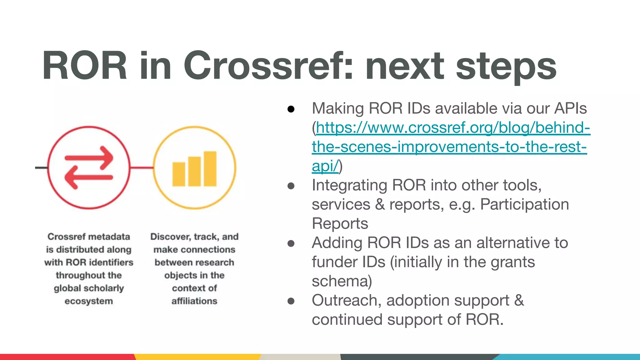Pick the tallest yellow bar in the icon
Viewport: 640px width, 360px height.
(210, 169)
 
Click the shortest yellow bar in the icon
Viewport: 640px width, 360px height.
(179, 174)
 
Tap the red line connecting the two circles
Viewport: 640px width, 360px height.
(142, 168)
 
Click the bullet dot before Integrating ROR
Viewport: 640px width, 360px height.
(291, 186)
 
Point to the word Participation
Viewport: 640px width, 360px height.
(524, 205)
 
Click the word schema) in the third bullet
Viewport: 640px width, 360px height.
(342, 281)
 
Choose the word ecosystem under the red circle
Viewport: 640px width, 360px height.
(89, 301)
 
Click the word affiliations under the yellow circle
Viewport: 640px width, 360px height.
(194, 301)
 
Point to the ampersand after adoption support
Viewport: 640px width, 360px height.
(519, 301)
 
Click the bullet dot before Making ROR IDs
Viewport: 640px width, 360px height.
(291, 109)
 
